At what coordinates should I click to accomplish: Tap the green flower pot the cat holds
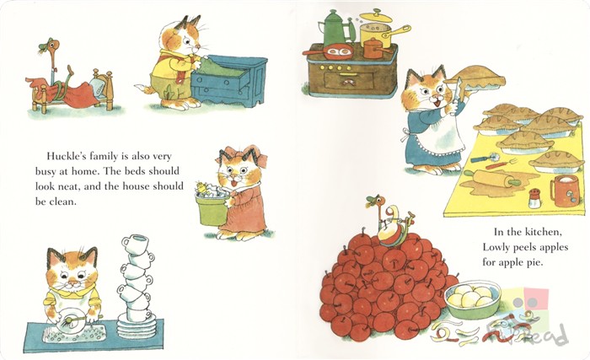[212, 206]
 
